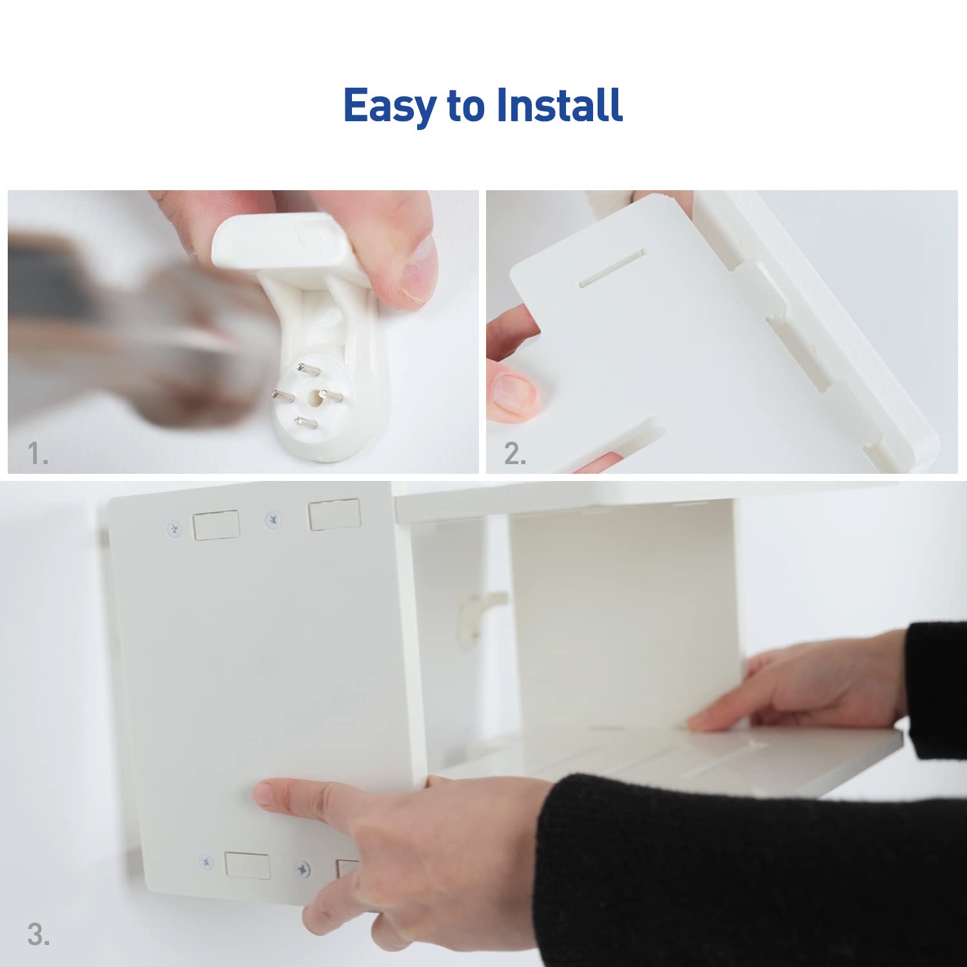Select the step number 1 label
pyautogui.click(x=37, y=454)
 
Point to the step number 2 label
pyautogui.click(x=515, y=454)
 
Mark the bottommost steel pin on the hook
pyautogui.click(x=306, y=423)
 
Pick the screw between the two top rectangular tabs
pyautogui.click(x=273, y=518)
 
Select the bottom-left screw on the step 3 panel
pyautogui.click(x=206, y=861)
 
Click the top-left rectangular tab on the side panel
pyautogui.click(x=216, y=525)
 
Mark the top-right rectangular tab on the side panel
pyautogui.click(x=334, y=515)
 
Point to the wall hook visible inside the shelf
pyautogui.click(x=476, y=612)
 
